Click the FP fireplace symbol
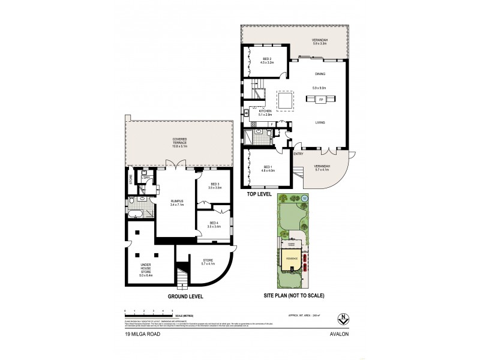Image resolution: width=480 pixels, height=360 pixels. pos(321,99)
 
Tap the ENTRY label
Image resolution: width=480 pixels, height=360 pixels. pos(298,154)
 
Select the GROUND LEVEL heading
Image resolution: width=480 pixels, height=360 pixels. pos(185,296)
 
